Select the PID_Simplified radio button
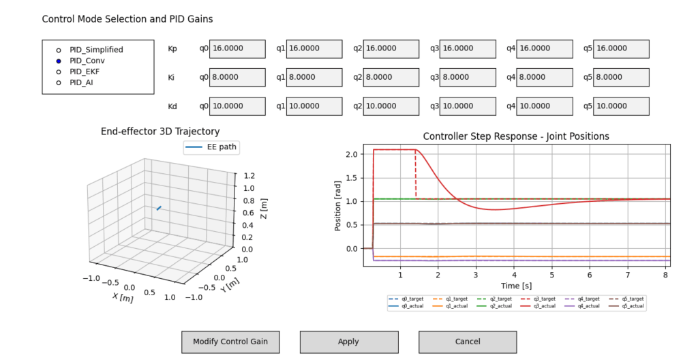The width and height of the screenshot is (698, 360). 59,50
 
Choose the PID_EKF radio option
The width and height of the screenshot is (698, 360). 59,72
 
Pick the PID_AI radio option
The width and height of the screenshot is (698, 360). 59,82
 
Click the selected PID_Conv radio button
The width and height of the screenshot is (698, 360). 59,61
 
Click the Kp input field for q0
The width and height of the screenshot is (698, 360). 237,48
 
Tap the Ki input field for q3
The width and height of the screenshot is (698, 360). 467,78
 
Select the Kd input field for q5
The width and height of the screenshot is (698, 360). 621,106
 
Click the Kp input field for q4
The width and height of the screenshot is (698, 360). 544,48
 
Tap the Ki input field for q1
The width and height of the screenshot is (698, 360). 314,78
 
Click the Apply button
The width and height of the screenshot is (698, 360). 348,342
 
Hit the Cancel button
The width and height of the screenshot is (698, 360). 467,342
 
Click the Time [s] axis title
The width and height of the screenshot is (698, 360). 515,284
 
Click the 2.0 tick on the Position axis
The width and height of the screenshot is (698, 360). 351,155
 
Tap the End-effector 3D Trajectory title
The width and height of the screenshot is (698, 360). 160,132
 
